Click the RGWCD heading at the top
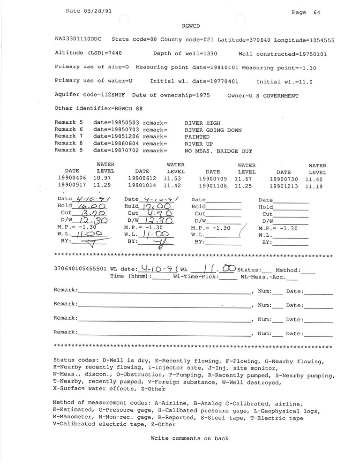click(191, 27)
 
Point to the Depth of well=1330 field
click(185, 54)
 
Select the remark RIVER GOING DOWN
click(213, 130)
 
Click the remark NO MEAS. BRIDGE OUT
click(218, 151)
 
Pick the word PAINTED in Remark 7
click(197, 137)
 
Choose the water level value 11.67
click(244, 179)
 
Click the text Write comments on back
click(189, 439)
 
